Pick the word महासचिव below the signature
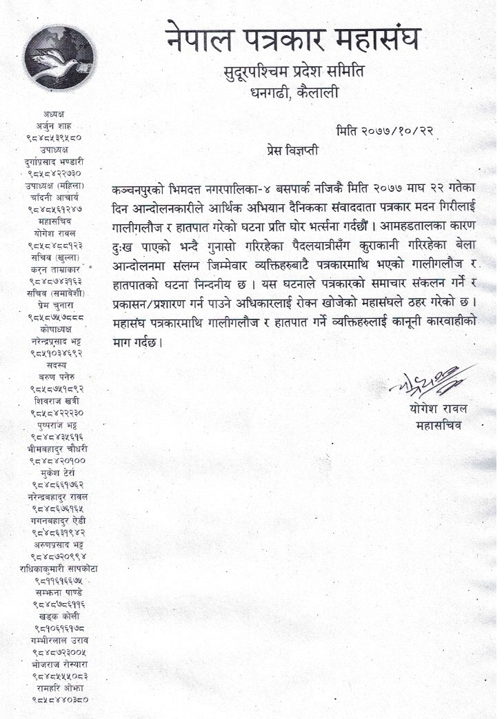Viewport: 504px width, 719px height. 439,425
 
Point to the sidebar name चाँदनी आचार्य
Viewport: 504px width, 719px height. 59,197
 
